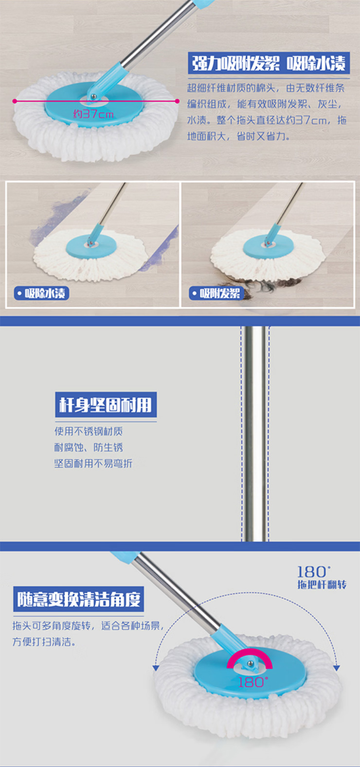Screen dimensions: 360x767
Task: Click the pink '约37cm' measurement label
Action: coord(93,114)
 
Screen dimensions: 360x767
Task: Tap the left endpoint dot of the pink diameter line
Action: coord(15,101)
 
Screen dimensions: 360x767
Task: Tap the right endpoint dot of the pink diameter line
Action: coord(177,101)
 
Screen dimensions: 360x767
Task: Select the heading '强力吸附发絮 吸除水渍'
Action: coord(269,63)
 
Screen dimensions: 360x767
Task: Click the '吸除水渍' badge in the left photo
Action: coord(42,293)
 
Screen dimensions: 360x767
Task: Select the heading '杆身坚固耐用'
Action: coord(106,404)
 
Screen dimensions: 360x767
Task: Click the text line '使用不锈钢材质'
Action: coord(88,431)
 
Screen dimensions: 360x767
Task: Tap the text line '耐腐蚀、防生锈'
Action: coord(88,447)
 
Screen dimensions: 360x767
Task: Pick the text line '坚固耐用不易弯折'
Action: coord(93,463)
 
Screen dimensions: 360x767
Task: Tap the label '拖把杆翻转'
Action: coord(322,584)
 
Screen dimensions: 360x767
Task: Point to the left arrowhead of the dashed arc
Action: coord(156,668)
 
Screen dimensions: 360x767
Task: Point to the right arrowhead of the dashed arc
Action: coord(337,668)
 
